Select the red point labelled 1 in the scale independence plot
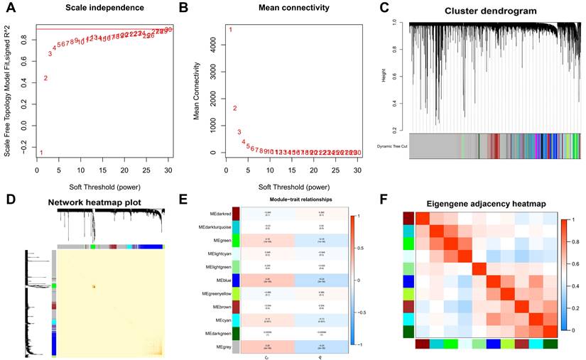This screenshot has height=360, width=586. point(41,153)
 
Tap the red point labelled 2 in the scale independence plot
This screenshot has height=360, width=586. point(45,78)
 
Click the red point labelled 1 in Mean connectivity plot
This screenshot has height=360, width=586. point(230,30)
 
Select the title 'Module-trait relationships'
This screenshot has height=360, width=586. point(281,200)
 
